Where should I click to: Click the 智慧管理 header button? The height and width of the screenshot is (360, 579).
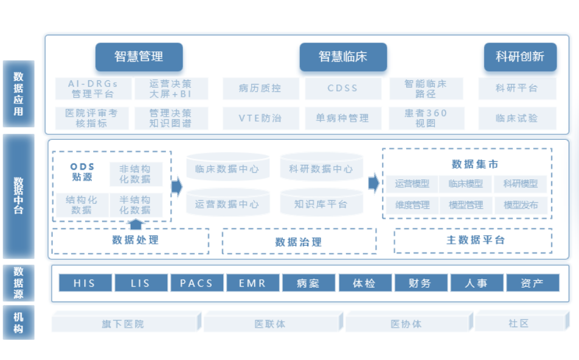[139, 57]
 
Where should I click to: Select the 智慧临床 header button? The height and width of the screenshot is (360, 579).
[343, 57]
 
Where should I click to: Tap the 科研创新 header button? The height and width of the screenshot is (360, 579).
[520, 57]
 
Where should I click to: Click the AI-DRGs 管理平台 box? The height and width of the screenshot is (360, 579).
[93, 89]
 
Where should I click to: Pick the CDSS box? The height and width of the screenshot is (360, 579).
[343, 88]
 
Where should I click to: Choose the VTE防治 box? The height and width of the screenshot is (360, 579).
[260, 118]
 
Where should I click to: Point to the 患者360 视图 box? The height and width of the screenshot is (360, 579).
[426, 118]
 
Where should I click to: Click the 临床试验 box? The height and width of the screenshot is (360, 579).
[517, 118]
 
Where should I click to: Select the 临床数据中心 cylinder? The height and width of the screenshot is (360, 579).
[227, 168]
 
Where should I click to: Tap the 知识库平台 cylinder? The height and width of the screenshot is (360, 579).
[321, 204]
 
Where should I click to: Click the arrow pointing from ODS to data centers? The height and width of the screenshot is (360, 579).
[177, 186]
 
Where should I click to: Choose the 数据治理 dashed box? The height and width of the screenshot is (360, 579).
[299, 241]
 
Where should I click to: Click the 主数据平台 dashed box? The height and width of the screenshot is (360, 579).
[473, 240]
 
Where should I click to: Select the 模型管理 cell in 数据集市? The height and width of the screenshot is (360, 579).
[466, 205]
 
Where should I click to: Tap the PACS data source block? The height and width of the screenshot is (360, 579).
[196, 283]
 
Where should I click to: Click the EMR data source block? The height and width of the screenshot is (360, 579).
[252, 283]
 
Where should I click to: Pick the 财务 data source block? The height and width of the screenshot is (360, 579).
[420, 283]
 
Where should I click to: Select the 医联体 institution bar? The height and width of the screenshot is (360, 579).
[270, 324]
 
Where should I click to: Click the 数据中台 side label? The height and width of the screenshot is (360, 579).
[19, 196]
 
